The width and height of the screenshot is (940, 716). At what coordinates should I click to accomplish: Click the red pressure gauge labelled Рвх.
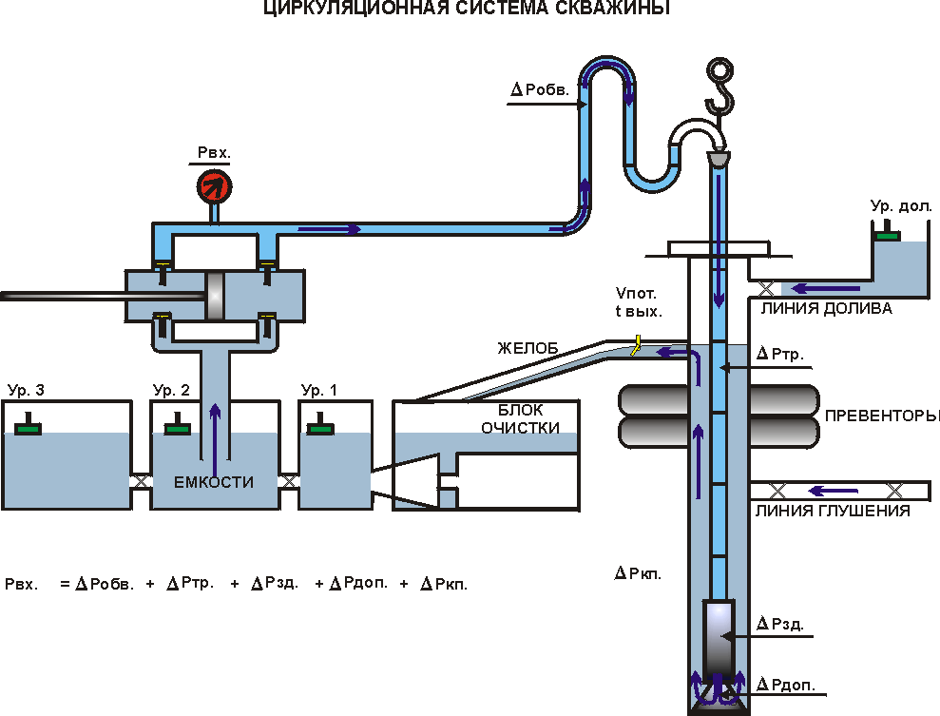coord(213,184)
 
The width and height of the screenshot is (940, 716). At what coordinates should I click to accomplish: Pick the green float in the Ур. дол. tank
coord(888,233)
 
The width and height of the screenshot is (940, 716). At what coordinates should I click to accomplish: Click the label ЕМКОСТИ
coord(214,482)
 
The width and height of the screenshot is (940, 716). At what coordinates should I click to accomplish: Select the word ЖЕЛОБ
coord(522,347)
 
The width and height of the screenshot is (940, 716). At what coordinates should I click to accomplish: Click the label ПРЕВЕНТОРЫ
coord(882,416)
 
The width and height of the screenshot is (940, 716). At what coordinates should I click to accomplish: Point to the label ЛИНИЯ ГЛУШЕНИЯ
coord(833,511)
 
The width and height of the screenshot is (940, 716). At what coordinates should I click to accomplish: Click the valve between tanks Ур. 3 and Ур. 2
coord(141,481)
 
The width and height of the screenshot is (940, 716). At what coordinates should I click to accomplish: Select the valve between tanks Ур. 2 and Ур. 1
coord(289,481)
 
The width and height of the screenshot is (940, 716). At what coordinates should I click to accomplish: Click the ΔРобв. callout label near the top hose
coord(540,90)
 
